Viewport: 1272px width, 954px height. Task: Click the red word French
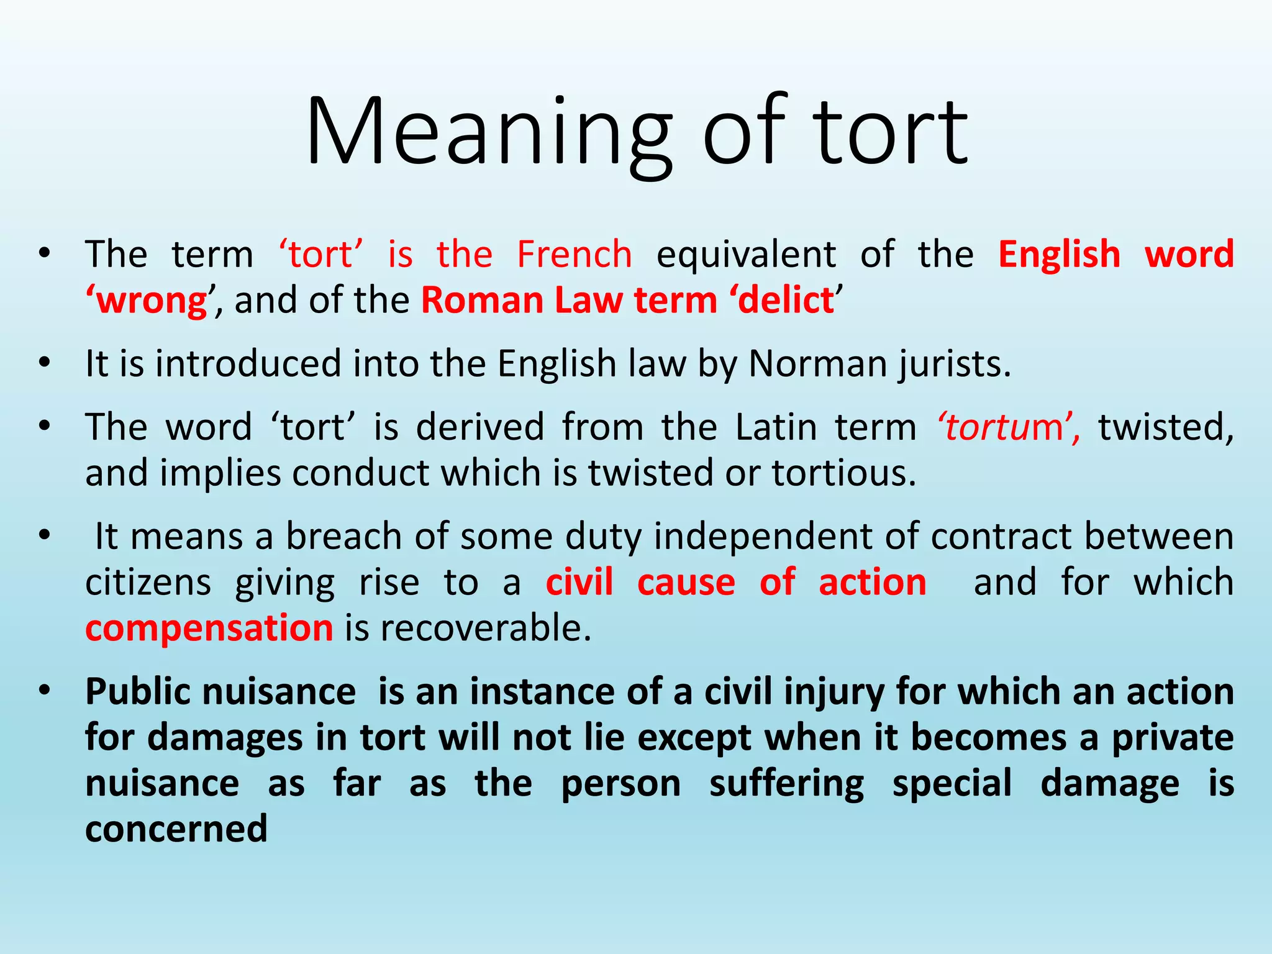pyautogui.click(x=575, y=255)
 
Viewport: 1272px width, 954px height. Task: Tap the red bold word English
pyautogui.click(x=1059, y=255)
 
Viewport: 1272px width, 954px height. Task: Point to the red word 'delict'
pyautogui.click(x=785, y=301)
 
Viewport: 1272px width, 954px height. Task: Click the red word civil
pyautogui.click(x=579, y=583)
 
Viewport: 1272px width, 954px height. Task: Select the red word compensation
pyautogui.click(x=209, y=629)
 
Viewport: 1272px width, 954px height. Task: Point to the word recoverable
pyautogui.click(x=485, y=629)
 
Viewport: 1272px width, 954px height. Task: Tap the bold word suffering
pyautogui.click(x=786, y=784)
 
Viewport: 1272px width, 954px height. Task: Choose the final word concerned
pyautogui.click(x=176, y=829)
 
